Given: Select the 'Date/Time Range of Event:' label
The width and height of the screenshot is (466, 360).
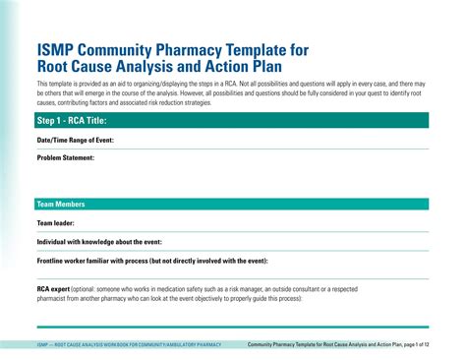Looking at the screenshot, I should [76, 140].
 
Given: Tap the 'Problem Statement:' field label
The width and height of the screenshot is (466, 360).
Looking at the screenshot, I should [65, 156].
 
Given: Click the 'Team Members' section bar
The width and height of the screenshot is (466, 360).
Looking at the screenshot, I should [61, 204].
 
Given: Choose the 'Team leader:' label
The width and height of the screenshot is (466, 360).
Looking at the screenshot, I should [55, 222].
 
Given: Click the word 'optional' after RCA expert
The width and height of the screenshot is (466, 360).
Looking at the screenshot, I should [90, 288].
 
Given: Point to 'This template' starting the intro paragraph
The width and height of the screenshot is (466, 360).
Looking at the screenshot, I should [50, 84].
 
